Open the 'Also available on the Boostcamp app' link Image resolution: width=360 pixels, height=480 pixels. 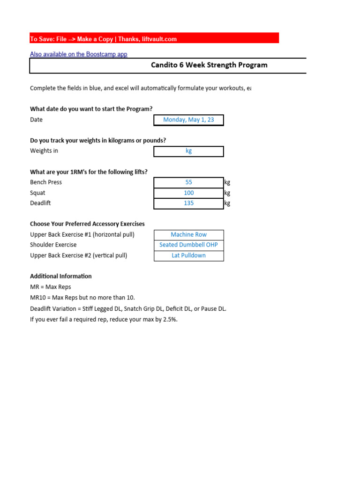click(x=79, y=54)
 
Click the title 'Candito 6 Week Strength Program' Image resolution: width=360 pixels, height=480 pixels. click(x=209, y=65)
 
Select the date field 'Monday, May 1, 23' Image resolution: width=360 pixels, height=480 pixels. click(x=188, y=120)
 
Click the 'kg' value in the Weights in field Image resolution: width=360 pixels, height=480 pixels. click(x=188, y=151)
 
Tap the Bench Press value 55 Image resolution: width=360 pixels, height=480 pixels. click(x=188, y=182)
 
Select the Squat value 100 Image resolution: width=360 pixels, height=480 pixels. click(x=188, y=193)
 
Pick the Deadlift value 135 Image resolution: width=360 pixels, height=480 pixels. click(x=188, y=203)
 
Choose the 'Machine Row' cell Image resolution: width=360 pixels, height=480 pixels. click(x=188, y=235)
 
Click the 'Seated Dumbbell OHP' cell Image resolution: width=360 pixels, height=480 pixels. click(x=188, y=245)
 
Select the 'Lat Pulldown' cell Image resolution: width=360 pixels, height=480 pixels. click(x=188, y=256)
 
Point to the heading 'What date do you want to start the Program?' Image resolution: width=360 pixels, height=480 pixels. click(x=91, y=109)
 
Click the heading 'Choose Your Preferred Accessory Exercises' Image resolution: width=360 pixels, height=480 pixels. click(x=87, y=224)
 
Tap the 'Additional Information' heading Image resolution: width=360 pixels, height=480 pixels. click(x=61, y=276)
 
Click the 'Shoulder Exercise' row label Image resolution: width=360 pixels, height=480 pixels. click(x=53, y=245)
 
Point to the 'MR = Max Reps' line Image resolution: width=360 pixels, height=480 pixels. click(x=51, y=287)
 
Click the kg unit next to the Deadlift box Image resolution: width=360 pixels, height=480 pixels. click(x=227, y=203)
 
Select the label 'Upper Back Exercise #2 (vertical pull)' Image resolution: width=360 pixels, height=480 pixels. click(x=78, y=255)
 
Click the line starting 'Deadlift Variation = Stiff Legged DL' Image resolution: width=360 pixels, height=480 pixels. click(x=128, y=309)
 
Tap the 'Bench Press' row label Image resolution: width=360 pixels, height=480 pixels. click(x=46, y=182)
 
